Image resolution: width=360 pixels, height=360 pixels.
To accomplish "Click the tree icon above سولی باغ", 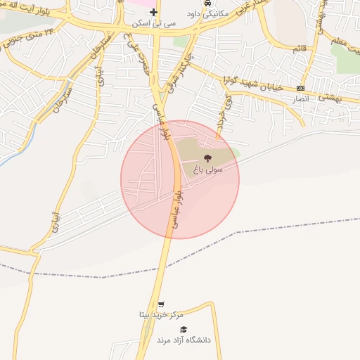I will point(207,159).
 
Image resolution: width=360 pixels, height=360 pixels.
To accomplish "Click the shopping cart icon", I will point(161,304).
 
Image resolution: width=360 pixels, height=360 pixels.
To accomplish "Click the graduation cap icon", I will point(183,329).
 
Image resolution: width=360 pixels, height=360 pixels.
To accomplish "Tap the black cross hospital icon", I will point(153,13).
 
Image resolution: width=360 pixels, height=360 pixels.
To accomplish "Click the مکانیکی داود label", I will point(207,13).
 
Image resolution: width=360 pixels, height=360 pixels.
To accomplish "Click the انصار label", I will point(300,99).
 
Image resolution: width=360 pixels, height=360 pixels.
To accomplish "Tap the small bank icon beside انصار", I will point(301,88).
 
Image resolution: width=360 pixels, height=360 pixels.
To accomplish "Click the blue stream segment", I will point(8,155).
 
